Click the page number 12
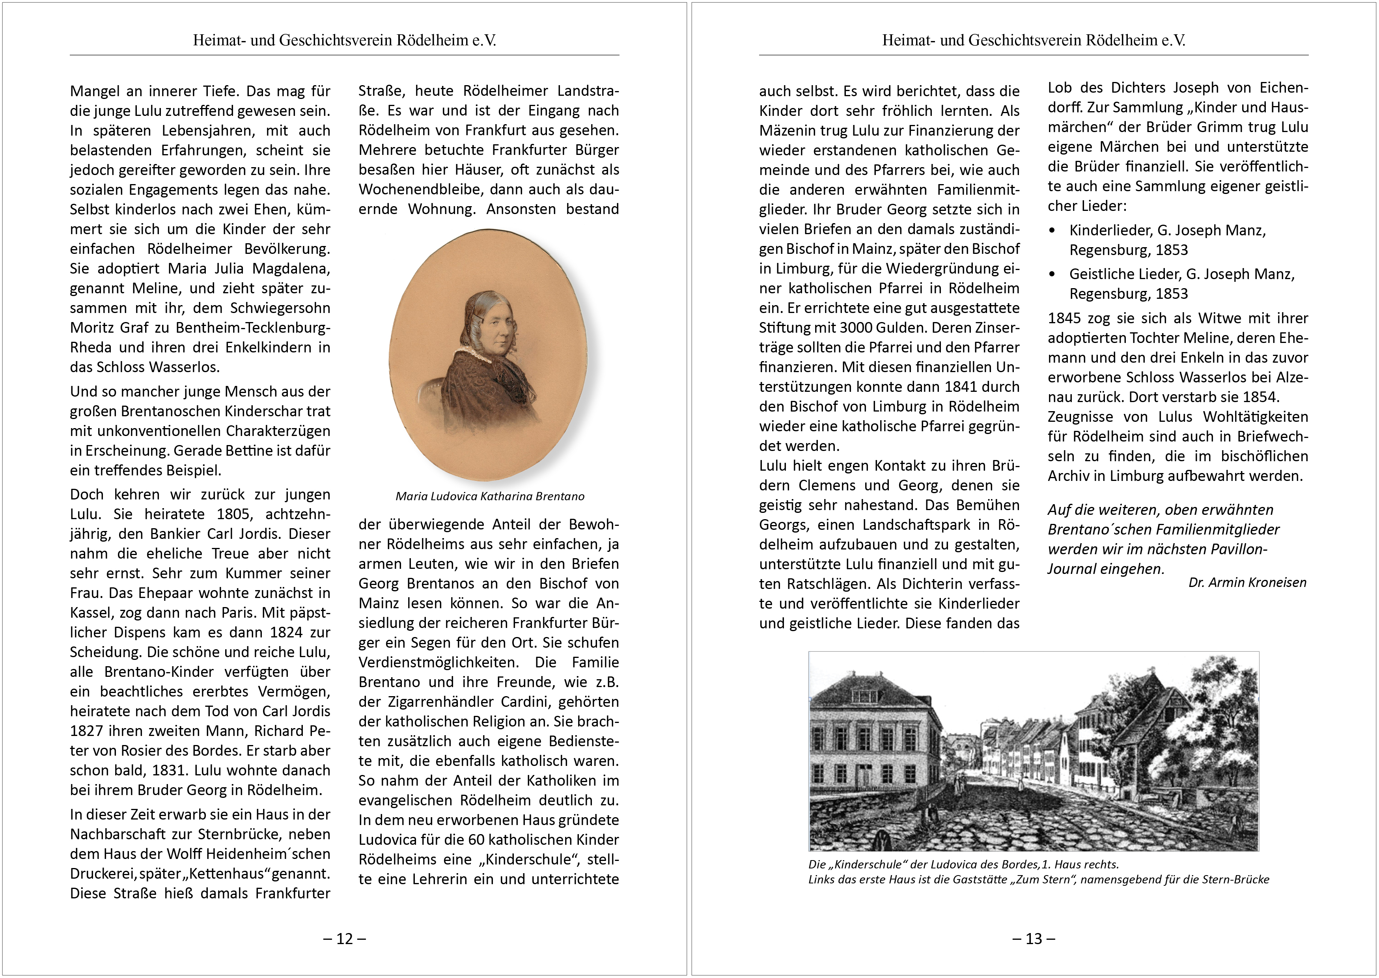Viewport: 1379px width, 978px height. [x=345, y=938]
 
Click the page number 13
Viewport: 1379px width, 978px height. [x=1034, y=938]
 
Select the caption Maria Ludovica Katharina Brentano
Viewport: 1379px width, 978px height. [x=490, y=496]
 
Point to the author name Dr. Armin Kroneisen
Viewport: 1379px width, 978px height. [x=1247, y=582]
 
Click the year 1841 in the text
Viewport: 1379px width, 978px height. [x=945, y=387]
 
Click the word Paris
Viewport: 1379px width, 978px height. [x=239, y=613]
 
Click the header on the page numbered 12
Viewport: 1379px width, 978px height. [x=345, y=40]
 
